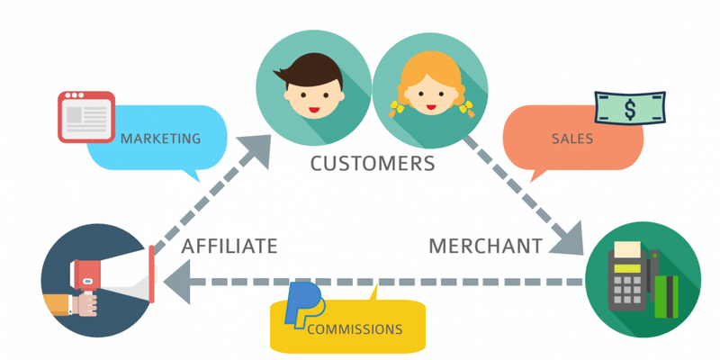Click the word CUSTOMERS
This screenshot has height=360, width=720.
click(372, 164)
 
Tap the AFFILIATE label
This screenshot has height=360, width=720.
click(229, 246)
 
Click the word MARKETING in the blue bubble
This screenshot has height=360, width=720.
click(160, 139)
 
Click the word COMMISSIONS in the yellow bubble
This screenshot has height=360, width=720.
click(355, 329)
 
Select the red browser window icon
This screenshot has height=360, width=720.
click(85, 115)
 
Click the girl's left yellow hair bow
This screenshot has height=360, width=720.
click(395, 110)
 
